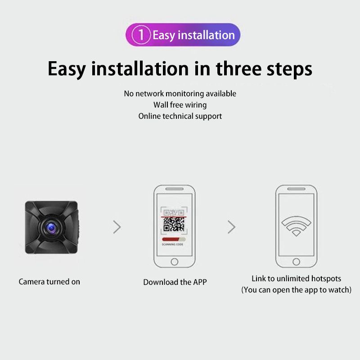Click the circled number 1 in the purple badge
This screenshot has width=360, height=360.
[x=141, y=35]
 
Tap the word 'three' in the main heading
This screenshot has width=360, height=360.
[x=238, y=69]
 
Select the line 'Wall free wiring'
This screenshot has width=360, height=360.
[x=180, y=105]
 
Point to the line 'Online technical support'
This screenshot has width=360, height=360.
[x=180, y=117]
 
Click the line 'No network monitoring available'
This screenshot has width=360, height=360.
[x=180, y=94]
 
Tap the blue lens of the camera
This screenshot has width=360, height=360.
[x=51, y=228]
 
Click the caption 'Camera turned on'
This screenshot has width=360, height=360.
[x=49, y=282]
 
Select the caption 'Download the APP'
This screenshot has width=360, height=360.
[x=175, y=282]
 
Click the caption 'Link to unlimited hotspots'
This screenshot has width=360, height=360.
[x=296, y=279]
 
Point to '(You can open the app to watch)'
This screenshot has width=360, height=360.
[x=296, y=290]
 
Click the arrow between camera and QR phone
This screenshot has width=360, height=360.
[x=117, y=227]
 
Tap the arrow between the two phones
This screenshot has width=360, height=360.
[x=231, y=227]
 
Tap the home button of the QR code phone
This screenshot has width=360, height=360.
[x=175, y=262]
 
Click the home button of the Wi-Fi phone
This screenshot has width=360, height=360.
[x=296, y=262]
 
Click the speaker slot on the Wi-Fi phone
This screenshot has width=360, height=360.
[x=296, y=189]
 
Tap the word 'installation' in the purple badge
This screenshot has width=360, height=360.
[x=207, y=35]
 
